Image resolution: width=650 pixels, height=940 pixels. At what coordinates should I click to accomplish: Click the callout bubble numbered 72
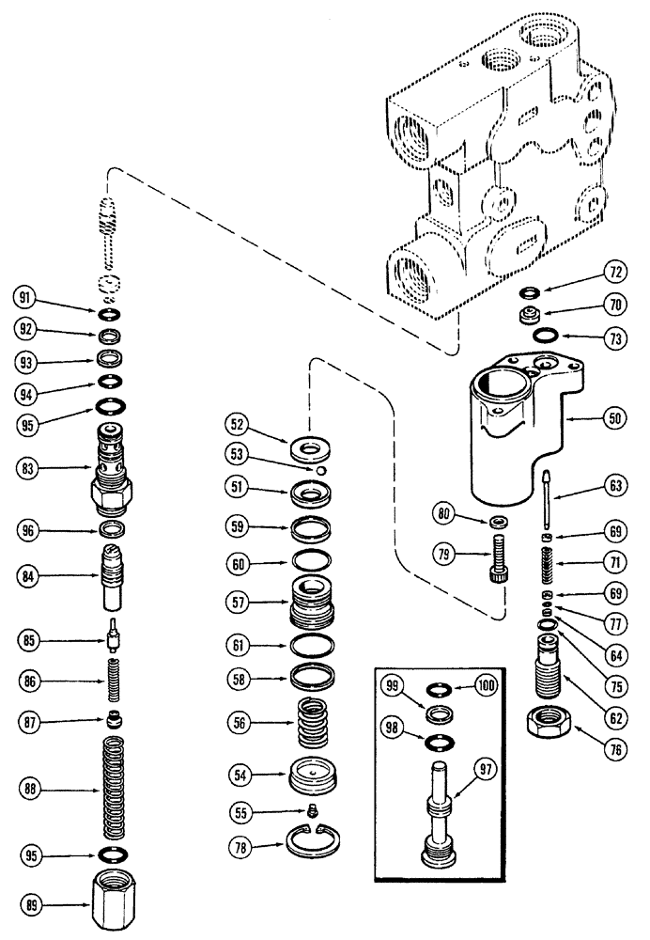click(614, 273)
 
